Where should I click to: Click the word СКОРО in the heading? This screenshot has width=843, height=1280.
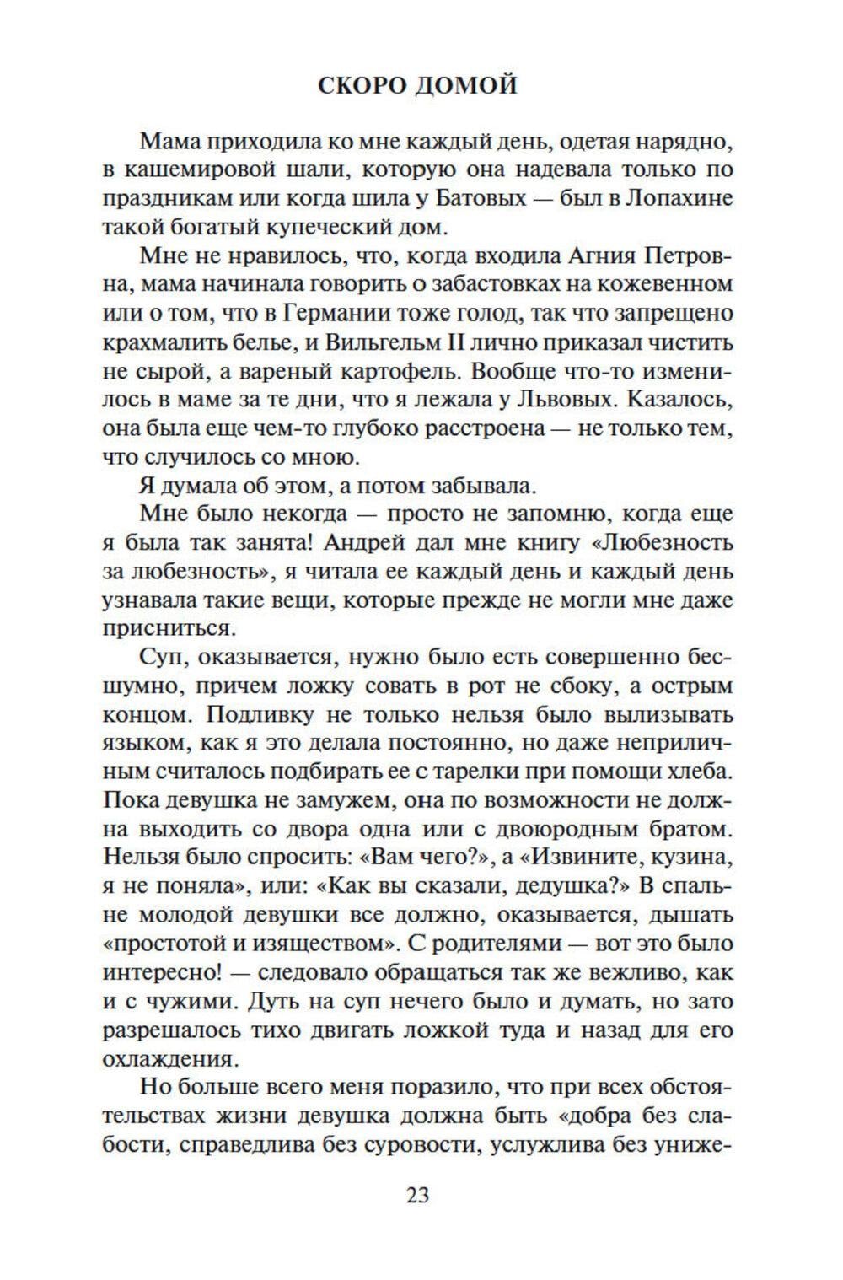[364, 85]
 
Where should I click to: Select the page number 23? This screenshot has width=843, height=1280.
[417, 1195]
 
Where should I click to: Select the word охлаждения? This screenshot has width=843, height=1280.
[167, 1059]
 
